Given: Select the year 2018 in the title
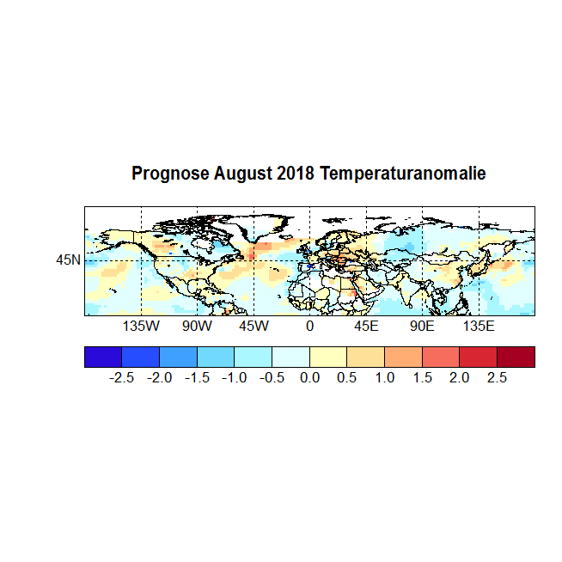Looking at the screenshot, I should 296,174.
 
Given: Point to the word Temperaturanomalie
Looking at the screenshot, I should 403,174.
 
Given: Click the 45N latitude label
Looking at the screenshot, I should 69,260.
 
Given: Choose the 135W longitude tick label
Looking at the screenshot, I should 141,327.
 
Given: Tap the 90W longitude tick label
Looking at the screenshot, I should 197,327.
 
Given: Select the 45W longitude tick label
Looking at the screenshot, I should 254,327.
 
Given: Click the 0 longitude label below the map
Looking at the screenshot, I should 309,327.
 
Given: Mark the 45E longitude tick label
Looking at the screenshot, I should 366,327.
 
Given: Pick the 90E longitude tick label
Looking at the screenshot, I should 422,327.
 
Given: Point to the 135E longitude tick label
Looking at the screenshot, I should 479,327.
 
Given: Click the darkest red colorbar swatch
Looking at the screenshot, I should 516,357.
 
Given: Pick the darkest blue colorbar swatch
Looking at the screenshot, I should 103,357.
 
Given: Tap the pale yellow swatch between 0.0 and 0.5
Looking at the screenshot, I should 328,357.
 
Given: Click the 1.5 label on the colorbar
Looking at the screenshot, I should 423,378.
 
